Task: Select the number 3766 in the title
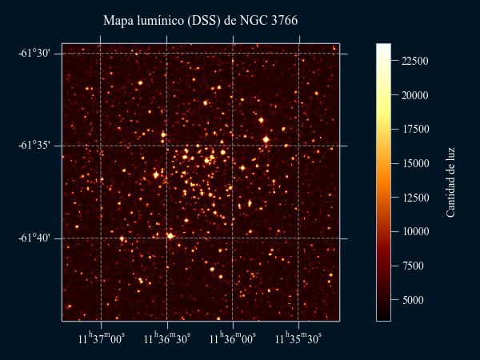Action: point(285,20)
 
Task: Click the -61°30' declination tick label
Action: point(34,54)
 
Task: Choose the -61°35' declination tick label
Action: point(34,146)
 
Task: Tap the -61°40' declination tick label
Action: point(34,238)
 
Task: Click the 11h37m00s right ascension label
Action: point(102,339)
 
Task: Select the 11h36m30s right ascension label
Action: point(167,339)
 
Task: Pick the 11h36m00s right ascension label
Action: point(233,339)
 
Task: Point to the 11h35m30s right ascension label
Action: point(298,339)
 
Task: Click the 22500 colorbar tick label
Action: point(415,61)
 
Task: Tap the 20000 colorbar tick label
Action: point(415,95)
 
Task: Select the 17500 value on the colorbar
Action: point(415,130)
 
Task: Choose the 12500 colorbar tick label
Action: point(415,198)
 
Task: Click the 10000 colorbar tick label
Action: point(415,232)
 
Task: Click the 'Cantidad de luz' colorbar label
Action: point(451,182)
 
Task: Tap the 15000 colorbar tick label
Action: point(415,163)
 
